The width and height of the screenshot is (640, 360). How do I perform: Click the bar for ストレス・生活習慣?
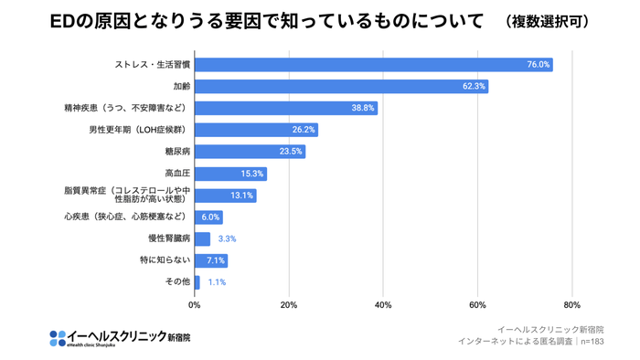point(373,65)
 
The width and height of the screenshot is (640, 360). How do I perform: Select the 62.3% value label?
point(475,87)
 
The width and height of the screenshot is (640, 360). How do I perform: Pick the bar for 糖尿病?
point(250,152)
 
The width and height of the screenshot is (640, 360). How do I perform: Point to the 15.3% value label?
point(252,174)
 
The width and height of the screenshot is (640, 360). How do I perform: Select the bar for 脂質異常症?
point(225,196)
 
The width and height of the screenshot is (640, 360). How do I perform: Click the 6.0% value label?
point(210,217)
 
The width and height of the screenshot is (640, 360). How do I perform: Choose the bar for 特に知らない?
point(211,260)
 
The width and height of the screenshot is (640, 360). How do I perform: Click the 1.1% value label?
point(217,282)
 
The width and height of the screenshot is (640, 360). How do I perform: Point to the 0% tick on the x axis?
point(195,304)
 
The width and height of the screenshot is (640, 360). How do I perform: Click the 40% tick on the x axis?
point(383,304)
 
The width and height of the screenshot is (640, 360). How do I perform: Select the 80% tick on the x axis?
point(572,304)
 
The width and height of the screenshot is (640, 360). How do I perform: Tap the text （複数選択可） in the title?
point(547,21)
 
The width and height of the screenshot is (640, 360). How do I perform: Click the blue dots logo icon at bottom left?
point(58,338)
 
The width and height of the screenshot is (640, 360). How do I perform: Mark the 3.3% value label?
point(227,238)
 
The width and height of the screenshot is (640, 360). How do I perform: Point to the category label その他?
point(176,282)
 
